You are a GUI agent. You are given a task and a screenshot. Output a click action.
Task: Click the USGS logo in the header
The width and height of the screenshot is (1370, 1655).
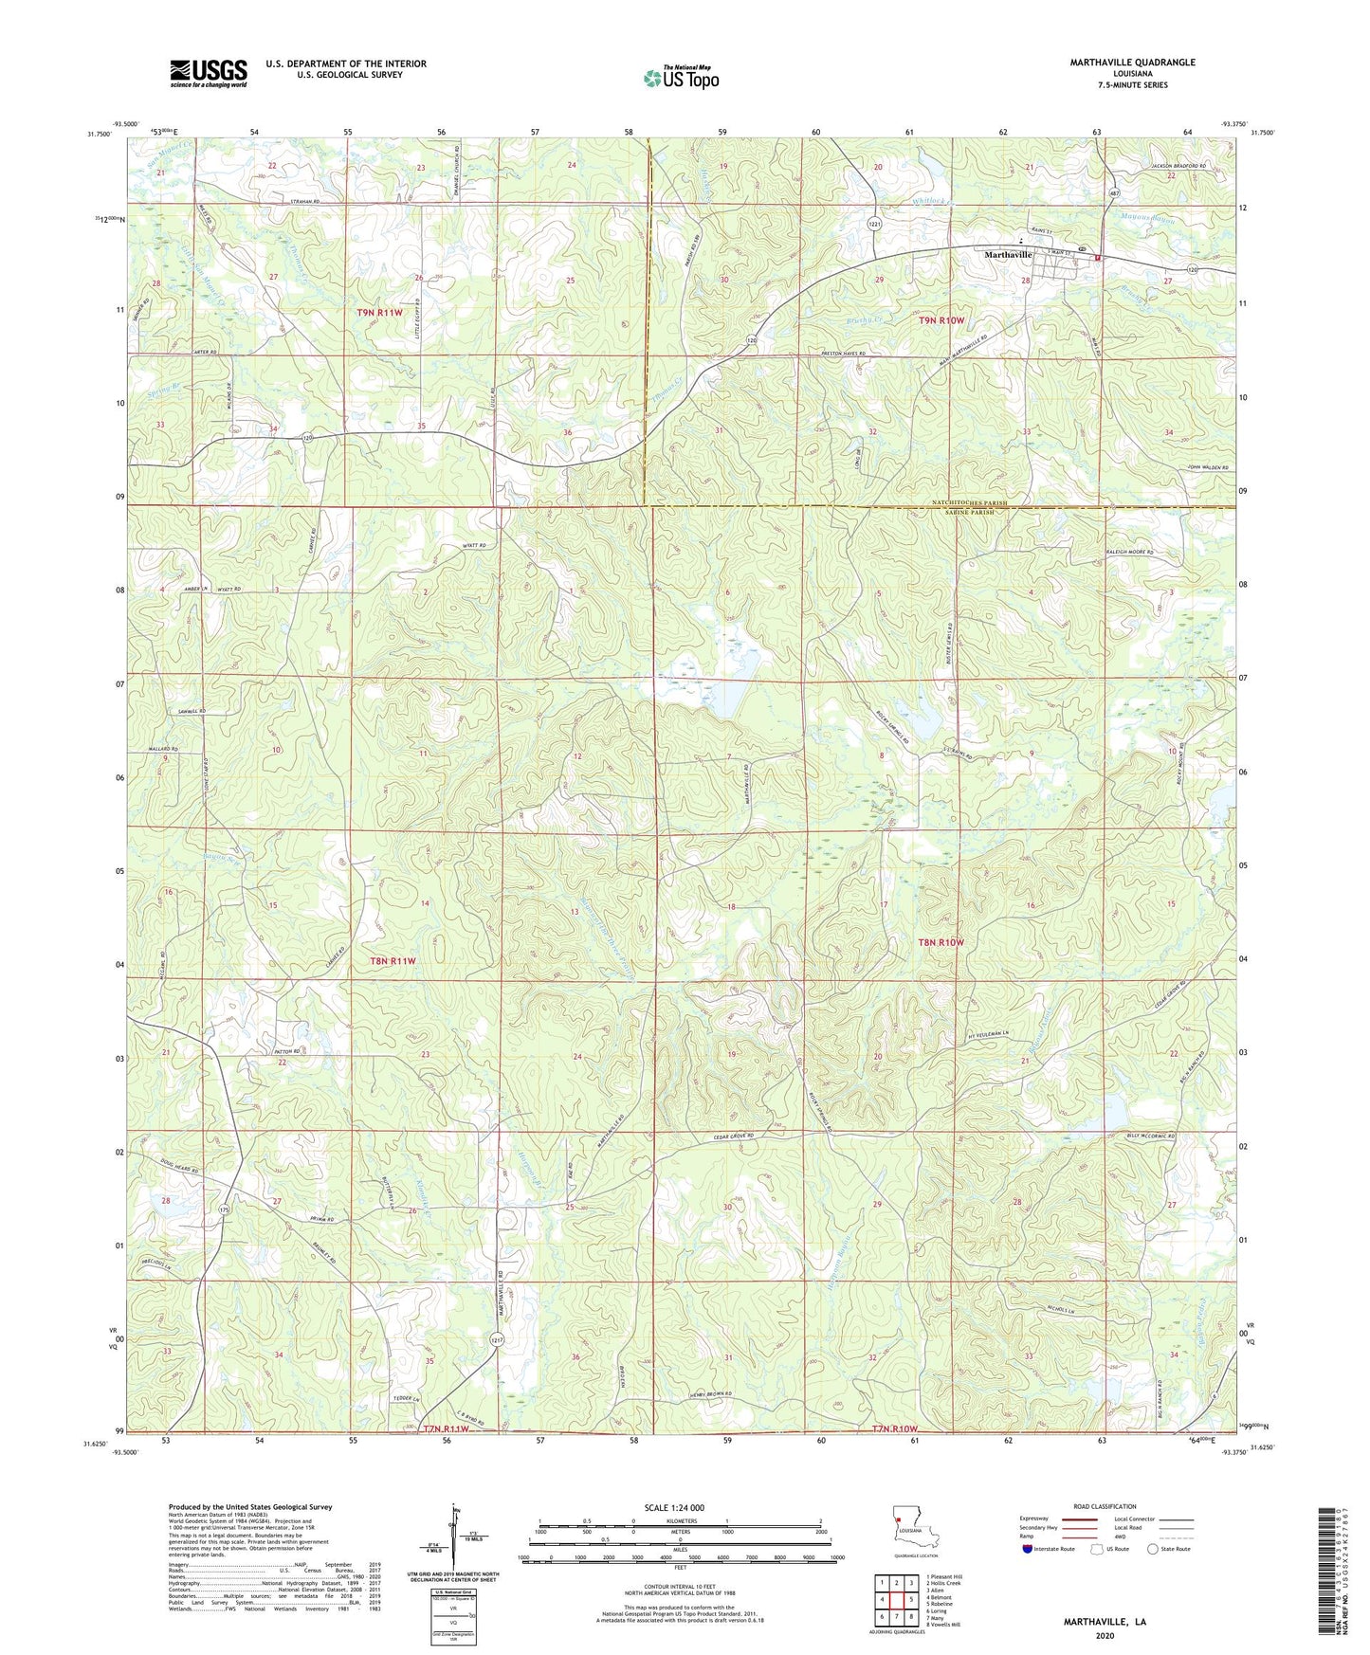point(208,73)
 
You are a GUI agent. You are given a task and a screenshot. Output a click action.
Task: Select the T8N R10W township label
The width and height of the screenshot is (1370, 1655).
point(941,942)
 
